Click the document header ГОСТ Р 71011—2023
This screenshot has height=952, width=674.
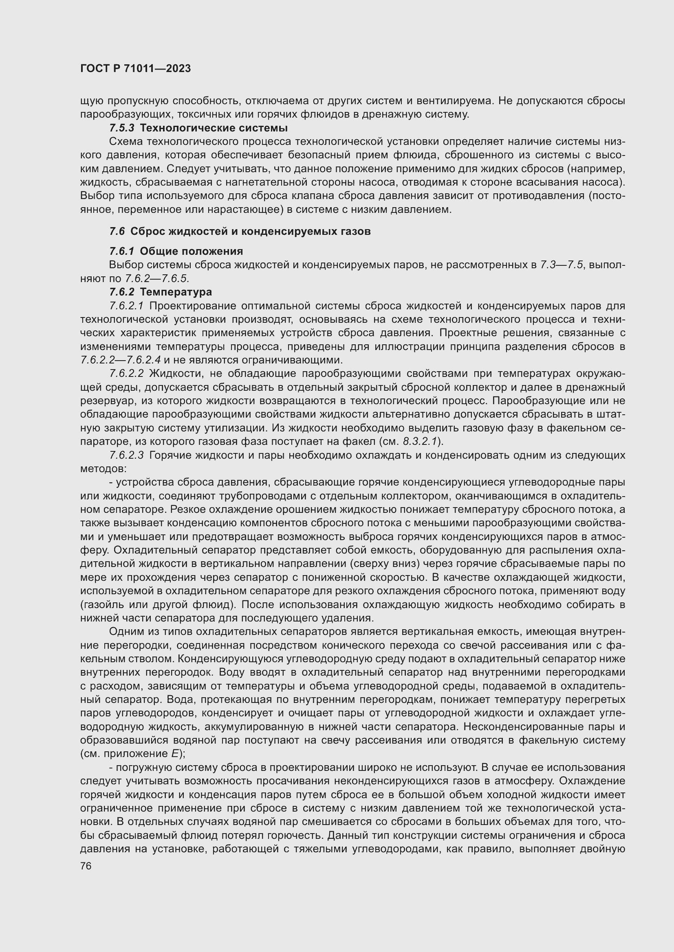click(135, 69)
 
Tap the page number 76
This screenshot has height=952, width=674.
click(86, 866)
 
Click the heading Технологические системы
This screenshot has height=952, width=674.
click(214, 128)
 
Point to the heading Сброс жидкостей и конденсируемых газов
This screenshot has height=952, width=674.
click(250, 231)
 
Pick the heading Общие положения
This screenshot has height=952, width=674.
click(192, 251)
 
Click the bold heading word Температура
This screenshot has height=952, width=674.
click(176, 292)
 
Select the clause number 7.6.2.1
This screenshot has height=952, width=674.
click(126, 306)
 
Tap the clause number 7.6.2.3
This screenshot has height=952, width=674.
click(126, 455)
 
